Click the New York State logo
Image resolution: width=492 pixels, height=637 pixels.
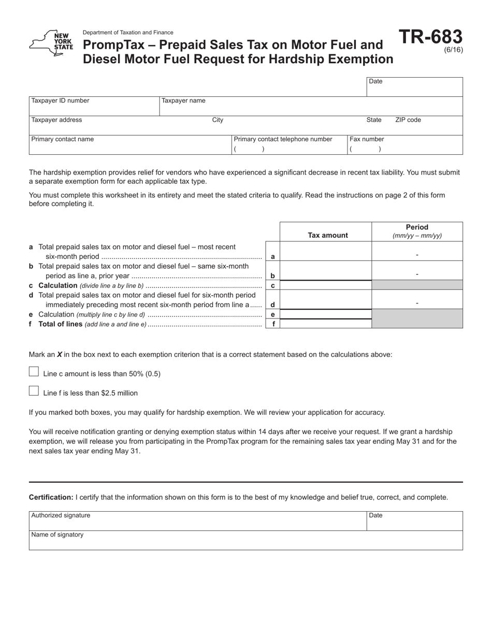pyautogui.click(x=51, y=44)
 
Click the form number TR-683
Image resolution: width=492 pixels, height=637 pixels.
pyautogui.click(x=430, y=37)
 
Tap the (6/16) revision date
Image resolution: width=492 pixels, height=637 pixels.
pyautogui.click(x=454, y=50)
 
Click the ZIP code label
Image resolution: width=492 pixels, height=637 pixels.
pyautogui.click(x=408, y=120)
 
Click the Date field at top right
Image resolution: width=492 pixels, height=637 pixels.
pyautogui.click(x=414, y=87)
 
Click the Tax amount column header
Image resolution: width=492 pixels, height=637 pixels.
pyautogui.click(x=328, y=235)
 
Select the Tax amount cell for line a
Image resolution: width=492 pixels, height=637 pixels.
pyautogui.click(x=326, y=251)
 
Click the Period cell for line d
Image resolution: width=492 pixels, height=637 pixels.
pyautogui.click(x=417, y=300)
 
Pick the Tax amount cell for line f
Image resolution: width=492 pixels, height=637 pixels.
pyautogui.click(x=326, y=324)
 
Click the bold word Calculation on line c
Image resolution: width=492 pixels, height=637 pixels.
pyautogui.click(x=58, y=286)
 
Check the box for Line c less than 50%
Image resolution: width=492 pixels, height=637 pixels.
pyautogui.click(x=34, y=372)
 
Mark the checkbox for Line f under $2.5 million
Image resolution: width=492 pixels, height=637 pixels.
pyautogui.click(x=34, y=391)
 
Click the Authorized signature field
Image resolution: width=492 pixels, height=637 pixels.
pyautogui.click(x=197, y=521)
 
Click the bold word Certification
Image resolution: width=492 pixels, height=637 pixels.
pyautogui.click(x=51, y=497)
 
